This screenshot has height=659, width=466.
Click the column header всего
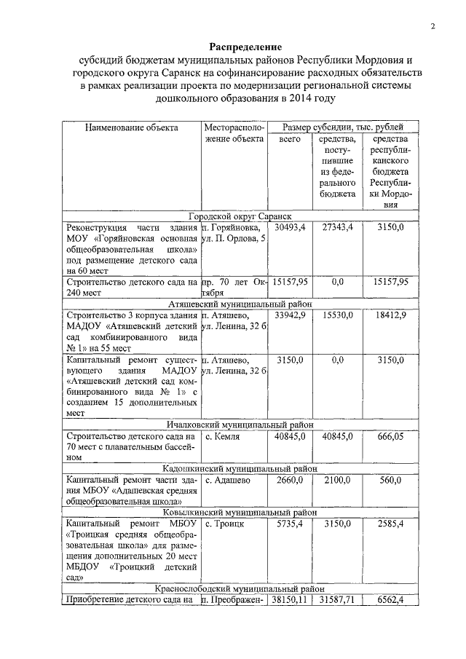click(x=290, y=139)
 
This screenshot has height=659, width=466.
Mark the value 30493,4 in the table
click(x=290, y=228)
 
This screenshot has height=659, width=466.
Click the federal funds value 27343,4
click(x=338, y=228)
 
